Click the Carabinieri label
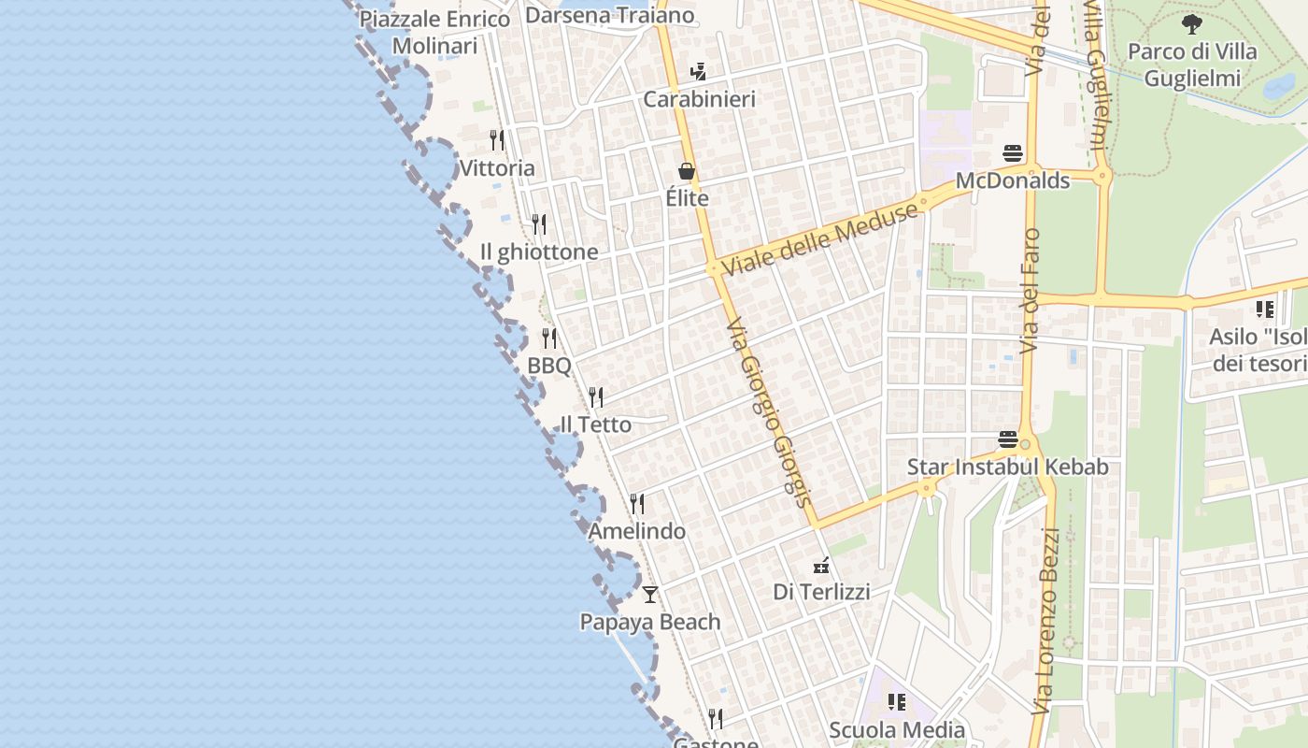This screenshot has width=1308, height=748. (x=699, y=99)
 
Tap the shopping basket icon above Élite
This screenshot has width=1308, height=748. (x=687, y=171)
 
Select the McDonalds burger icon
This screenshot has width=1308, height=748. (x=1013, y=153)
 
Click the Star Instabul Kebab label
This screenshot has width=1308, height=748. (x=1007, y=467)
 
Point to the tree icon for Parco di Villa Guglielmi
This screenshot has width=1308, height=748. (x=1191, y=24)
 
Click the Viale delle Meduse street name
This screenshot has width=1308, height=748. (x=820, y=239)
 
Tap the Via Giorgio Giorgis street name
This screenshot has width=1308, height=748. (x=767, y=411)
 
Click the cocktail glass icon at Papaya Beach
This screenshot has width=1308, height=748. (x=650, y=595)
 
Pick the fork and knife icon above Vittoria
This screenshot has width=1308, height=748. (x=497, y=140)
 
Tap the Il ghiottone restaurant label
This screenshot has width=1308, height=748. (x=538, y=252)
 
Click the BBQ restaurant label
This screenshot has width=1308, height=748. (x=549, y=366)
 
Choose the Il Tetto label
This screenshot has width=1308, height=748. (x=595, y=424)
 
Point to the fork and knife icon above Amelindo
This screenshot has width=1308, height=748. (x=637, y=504)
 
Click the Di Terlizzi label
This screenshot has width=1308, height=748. (x=821, y=592)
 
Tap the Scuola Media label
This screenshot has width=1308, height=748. (x=897, y=730)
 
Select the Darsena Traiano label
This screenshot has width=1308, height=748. (x=609, y=15)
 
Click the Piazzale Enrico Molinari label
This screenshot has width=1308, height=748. (x=435, y=32)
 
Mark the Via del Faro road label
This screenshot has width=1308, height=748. (x=1031, y=291)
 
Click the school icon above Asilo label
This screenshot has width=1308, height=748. (x=1265, y=309)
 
